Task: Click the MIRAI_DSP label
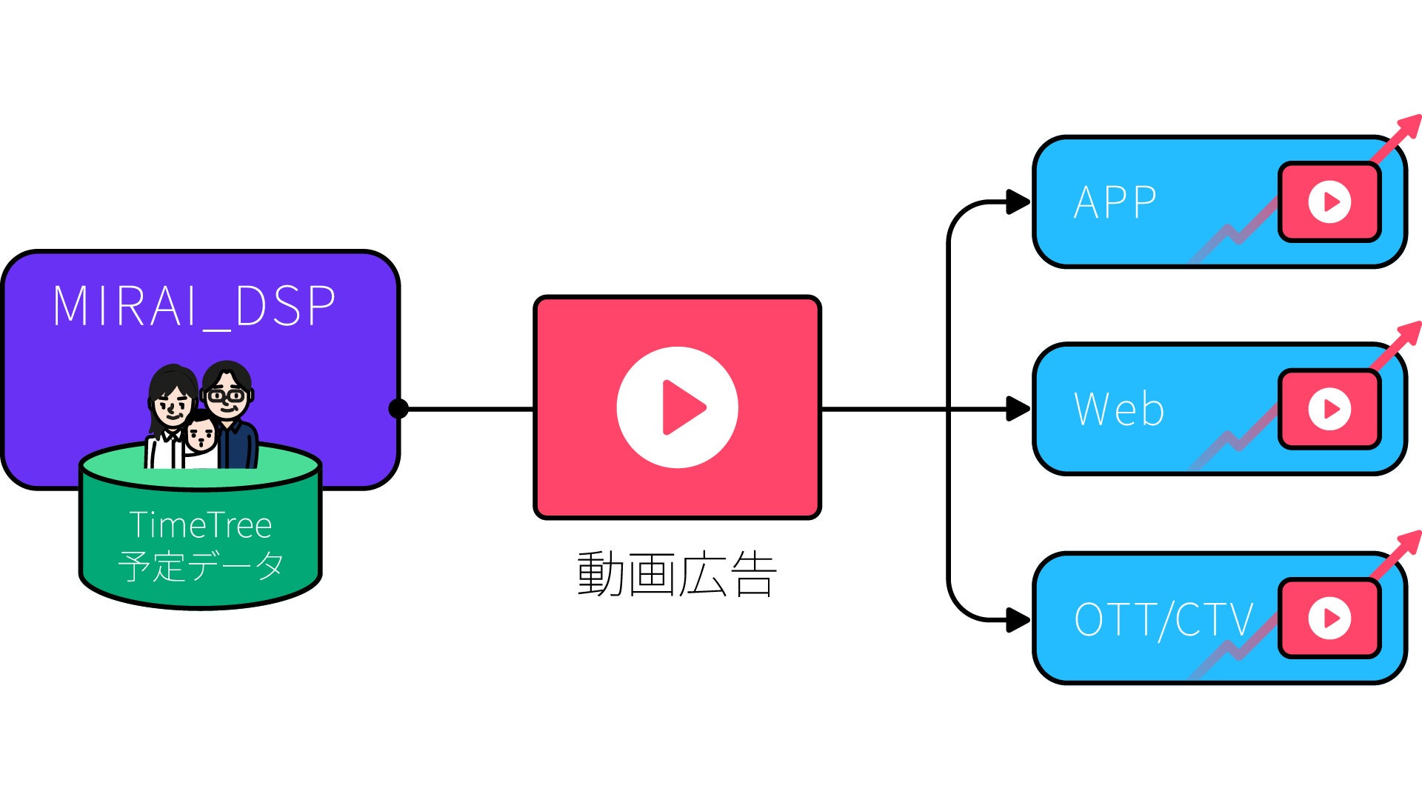point(194,305)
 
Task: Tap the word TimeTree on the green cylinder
point(201,525)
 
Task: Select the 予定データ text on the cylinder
point(201,566)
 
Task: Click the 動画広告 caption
point(677,574)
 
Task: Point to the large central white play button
point(677,407)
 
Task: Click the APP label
point(1115,202)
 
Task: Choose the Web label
point(1118,409)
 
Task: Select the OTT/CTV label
point(1163,619)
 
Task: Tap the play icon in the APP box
point(1329,201)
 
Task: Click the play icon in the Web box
point(1329,409)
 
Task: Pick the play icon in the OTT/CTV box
point(1329,618)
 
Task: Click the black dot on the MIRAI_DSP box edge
point(398,408)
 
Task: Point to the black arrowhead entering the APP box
point(1019,201)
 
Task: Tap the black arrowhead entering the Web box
point(1019,408)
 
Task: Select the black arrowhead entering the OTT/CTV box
point(1019,619)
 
